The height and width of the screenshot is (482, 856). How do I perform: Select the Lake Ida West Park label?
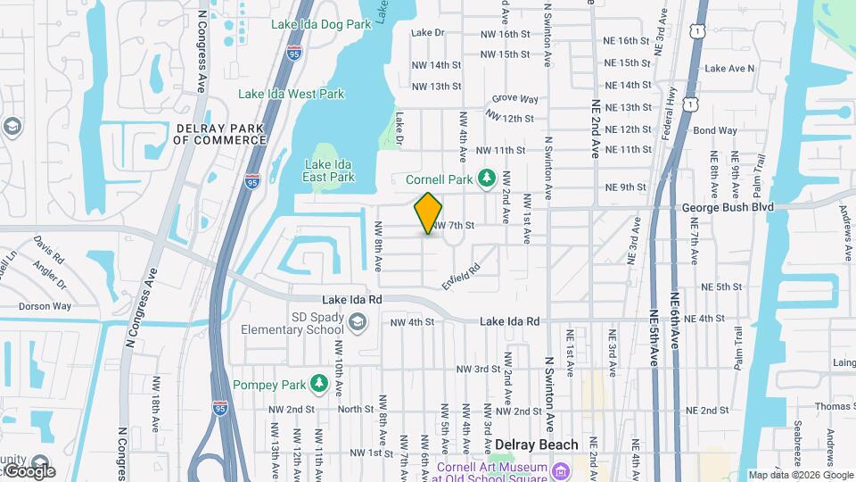pyautogui.click(x=291, y=94)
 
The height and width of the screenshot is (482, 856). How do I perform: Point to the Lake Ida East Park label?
pyautogui.click(x=329, y=170)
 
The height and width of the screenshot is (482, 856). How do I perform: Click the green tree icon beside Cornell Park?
pyautogui.click(x=486, y=179)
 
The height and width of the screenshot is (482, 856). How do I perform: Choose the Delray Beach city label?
pyautogui.click(x=536, y=445)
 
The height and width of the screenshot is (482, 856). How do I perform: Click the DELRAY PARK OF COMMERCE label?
pyautogui.click(x=219, y=134)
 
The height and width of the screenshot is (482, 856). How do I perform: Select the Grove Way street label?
pyautogui.click(x=515, y=99)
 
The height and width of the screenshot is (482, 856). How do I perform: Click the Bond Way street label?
pyautogui.click(x=715, y=130)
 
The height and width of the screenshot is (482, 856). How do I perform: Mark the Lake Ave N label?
pyautogui.click(x=729, y=68)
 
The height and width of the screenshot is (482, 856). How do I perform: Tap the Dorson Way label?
pyautogui.click(x=45, y=306)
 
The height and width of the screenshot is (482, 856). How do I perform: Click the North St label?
pyautogui.click(x=355, y=410)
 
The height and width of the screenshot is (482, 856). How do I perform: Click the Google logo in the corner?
pyautogui.click(x=29, y=471)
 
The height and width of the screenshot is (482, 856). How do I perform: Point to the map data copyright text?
pyautogui.click(x=801, y=475)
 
